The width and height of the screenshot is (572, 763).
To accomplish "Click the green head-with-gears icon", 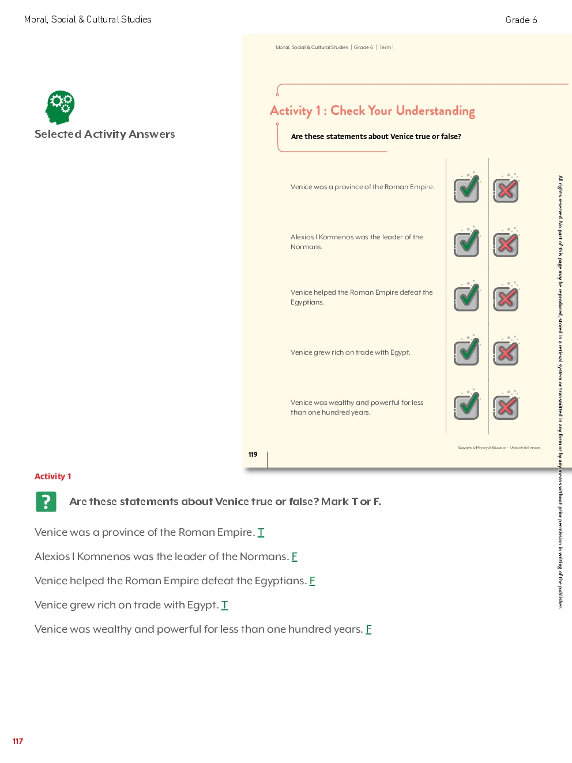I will [x=60, y=107].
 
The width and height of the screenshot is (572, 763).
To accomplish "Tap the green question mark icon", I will [x=46, y=502].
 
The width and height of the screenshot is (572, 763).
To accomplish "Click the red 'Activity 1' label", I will [x=53, y=476].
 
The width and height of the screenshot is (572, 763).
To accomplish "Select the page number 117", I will [x=18, y=741].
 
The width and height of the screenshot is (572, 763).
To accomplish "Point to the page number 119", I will [x=253, y=454].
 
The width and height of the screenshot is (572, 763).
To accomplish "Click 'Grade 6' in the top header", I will [x=521, y=20].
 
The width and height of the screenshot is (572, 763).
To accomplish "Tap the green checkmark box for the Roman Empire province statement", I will [x=466, y=189].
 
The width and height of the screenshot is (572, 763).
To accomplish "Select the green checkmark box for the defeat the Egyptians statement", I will [x=466, y=298].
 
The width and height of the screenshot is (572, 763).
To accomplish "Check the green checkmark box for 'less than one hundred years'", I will [x=466, y=406].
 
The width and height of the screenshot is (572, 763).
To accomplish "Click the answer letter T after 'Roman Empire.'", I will [x=261, y=532].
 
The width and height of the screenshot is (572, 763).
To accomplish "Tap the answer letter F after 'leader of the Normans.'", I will [x=294, y=557].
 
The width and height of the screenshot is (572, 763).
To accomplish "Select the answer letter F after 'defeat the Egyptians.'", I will [x=312, y=581].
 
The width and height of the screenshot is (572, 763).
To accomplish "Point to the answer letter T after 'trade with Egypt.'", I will [x=224, y=605].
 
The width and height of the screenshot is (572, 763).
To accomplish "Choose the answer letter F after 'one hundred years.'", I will [x=368, y=629].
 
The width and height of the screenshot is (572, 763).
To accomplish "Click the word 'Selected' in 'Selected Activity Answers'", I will [x=58, y=134].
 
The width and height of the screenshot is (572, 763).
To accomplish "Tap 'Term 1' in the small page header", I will [x=386, y=47].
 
